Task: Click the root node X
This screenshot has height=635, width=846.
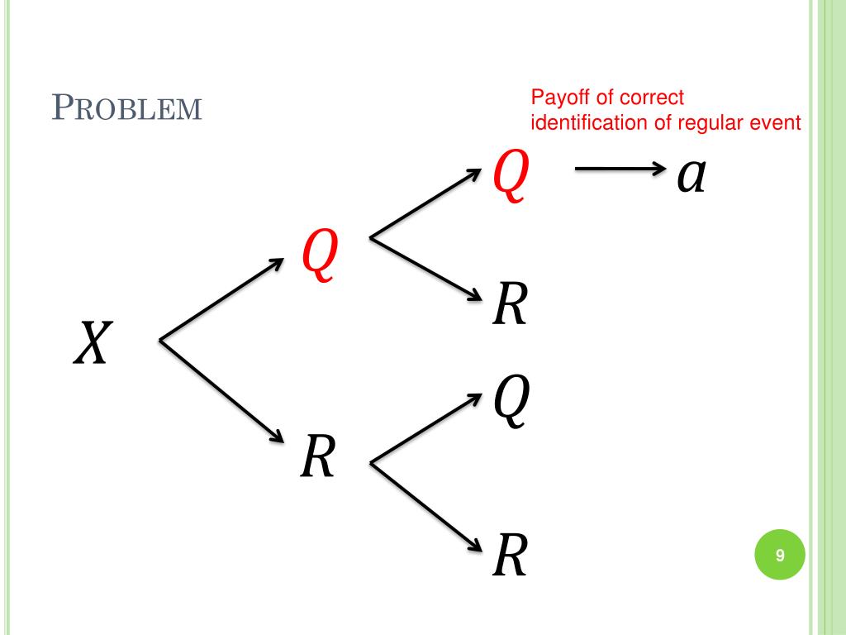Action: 91,343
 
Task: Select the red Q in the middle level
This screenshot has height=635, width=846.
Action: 319,254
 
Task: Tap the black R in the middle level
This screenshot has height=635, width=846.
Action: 317,457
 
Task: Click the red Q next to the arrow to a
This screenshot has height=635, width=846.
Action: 509,177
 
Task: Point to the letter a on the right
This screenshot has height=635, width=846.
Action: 691,175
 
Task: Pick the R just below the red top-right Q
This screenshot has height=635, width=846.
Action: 509,304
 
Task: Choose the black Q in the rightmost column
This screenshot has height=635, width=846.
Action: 509,402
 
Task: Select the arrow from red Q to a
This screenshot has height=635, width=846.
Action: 620,170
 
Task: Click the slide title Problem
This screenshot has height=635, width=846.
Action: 127,108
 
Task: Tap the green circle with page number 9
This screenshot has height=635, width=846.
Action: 779,556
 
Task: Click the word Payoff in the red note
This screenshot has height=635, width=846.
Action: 559,98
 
